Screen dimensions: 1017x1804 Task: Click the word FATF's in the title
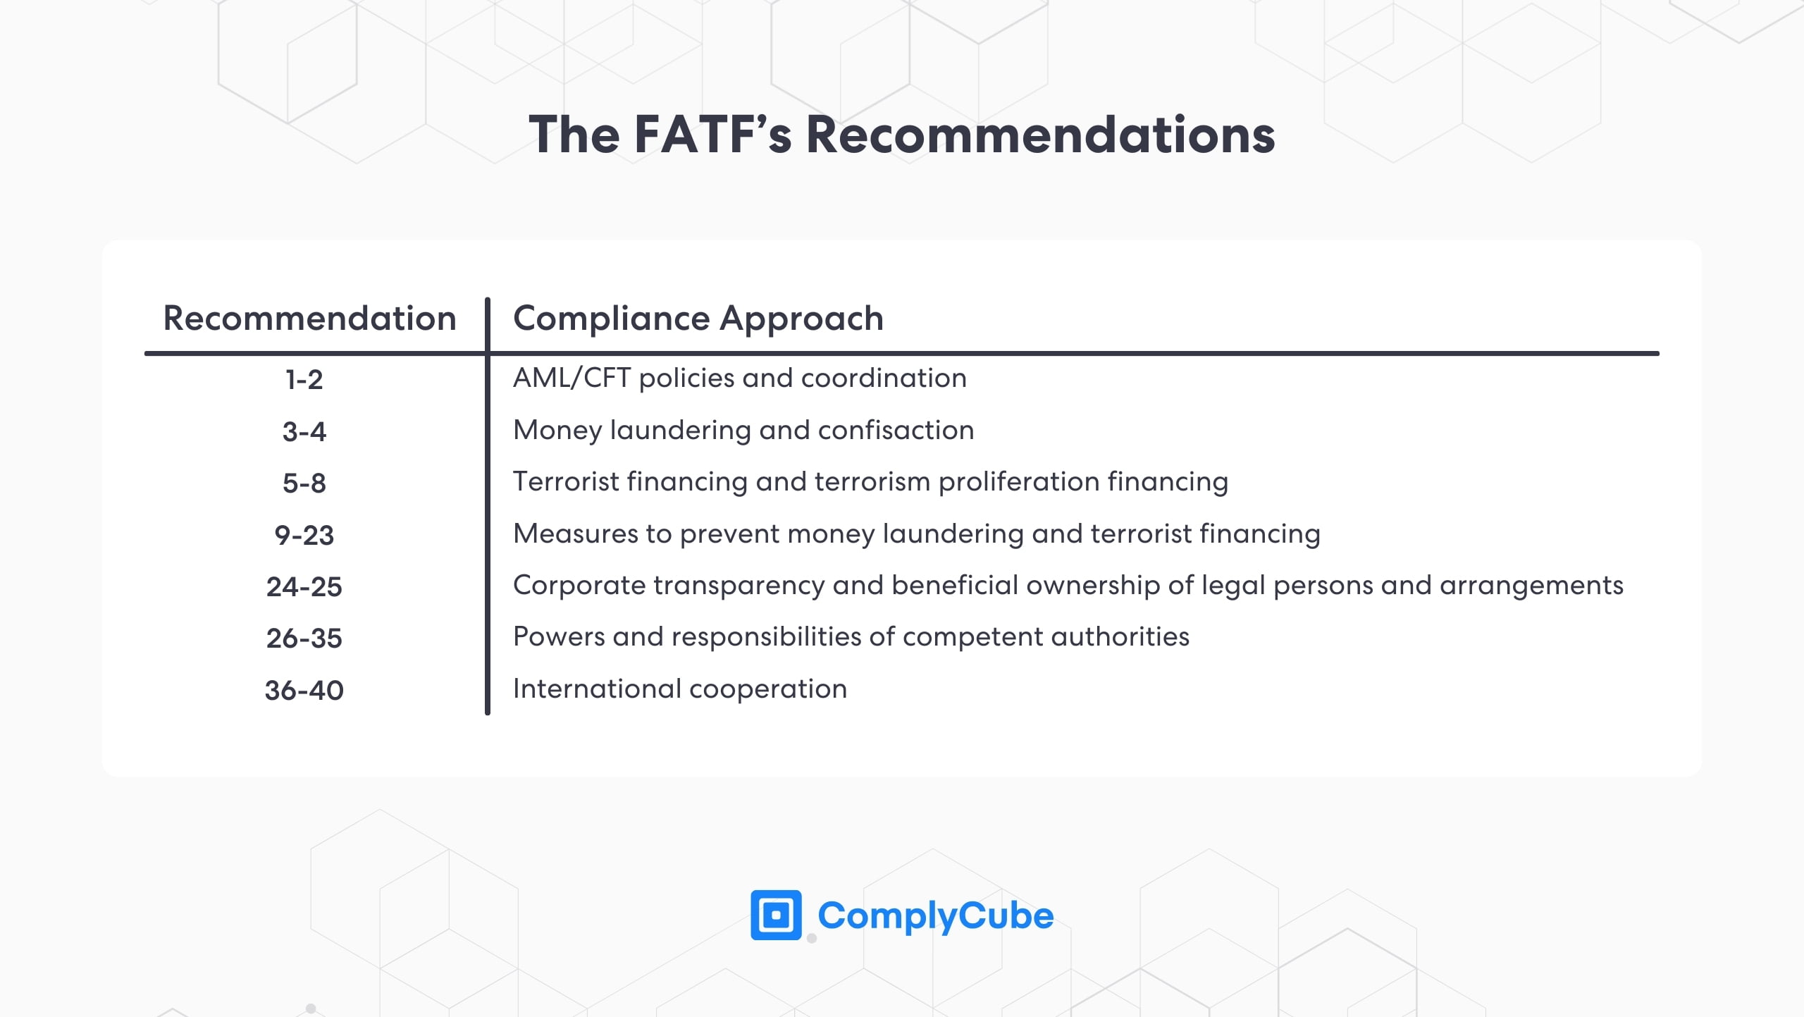[x=712, y=135]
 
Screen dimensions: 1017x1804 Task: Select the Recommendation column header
[x=309, y=318]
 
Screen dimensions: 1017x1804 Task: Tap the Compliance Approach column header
[x=698, y=318]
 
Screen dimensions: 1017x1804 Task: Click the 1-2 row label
[x=304, y=380]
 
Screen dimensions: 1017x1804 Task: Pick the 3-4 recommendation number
[x=304, y=431]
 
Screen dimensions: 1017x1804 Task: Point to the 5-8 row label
[x=304, y=483]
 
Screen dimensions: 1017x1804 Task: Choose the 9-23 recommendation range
[x=304, y=535]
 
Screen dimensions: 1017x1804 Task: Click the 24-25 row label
[x=304, y=586]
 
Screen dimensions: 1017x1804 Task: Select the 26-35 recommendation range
[x=304, y=639]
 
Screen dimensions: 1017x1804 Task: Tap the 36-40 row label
[x=304, y=690]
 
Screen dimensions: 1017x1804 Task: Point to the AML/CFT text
[x=572, y=378]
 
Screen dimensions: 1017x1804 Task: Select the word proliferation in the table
[x=1019, y=482]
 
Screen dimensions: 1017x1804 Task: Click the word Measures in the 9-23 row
[x=574, y=534]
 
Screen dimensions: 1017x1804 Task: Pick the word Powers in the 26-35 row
[x=559, y=637]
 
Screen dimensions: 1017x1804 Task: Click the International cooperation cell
[x=679, y=689]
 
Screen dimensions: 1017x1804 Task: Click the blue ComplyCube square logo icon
[x=776, y=915]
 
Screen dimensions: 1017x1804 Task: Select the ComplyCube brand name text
[x=935, y=916]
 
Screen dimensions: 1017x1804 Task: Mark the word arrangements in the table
[x=1531, y=586]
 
